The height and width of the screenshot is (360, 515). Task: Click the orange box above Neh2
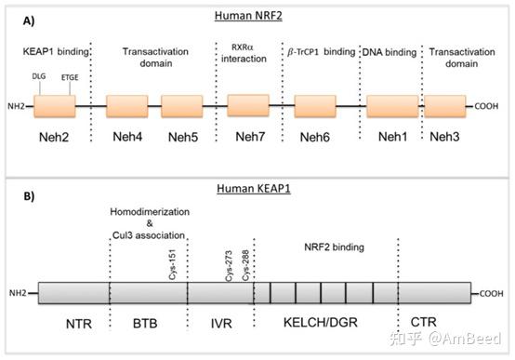[x=55, y=105]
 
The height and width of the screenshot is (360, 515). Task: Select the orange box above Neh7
[x=248, y=105]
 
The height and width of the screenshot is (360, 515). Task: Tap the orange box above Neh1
[x=391, y=105]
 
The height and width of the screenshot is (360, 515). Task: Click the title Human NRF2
[x=257, y=15]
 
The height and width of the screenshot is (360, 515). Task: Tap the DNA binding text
[x=389, y=52]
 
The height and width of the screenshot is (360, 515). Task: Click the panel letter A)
[x=19, y=20]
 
